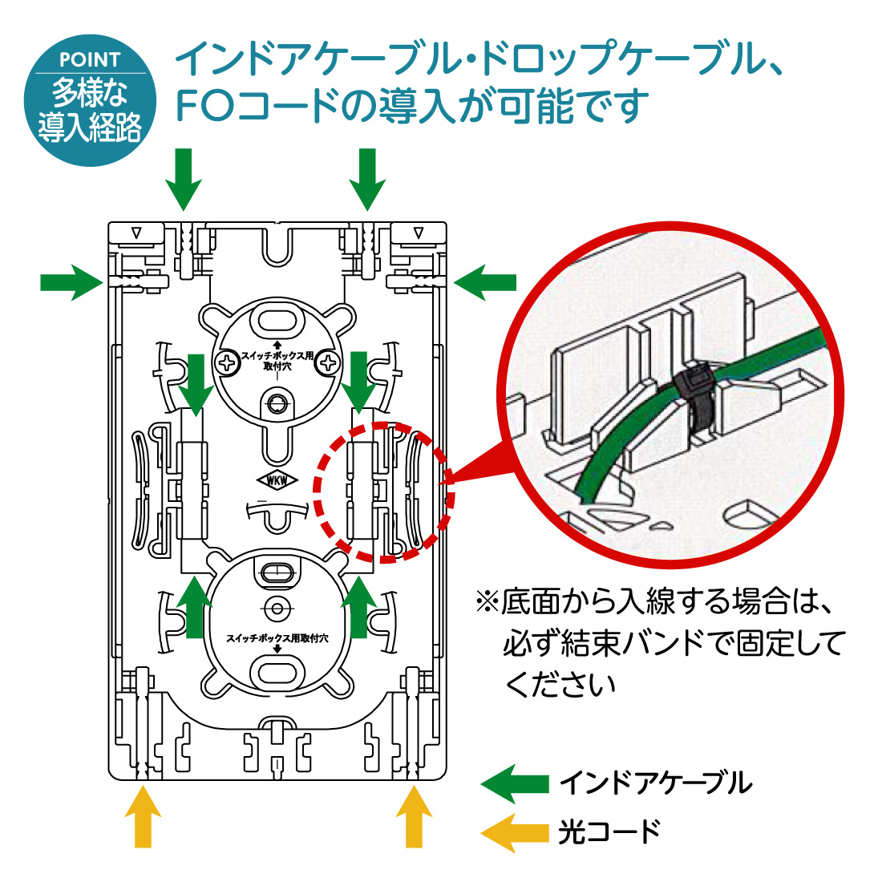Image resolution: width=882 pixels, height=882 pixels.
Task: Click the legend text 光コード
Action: (609, 832)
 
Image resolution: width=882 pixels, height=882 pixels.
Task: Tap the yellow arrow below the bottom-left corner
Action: (144, 816)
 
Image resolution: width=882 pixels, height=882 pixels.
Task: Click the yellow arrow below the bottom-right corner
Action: (414, 816)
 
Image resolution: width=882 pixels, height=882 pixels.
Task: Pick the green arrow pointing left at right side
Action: (484, 282)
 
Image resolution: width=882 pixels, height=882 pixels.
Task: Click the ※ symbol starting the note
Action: (487, 601)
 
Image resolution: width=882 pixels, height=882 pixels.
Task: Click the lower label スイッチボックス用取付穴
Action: (277, 638)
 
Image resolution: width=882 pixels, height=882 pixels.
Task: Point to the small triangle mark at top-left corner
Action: (136, 233)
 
